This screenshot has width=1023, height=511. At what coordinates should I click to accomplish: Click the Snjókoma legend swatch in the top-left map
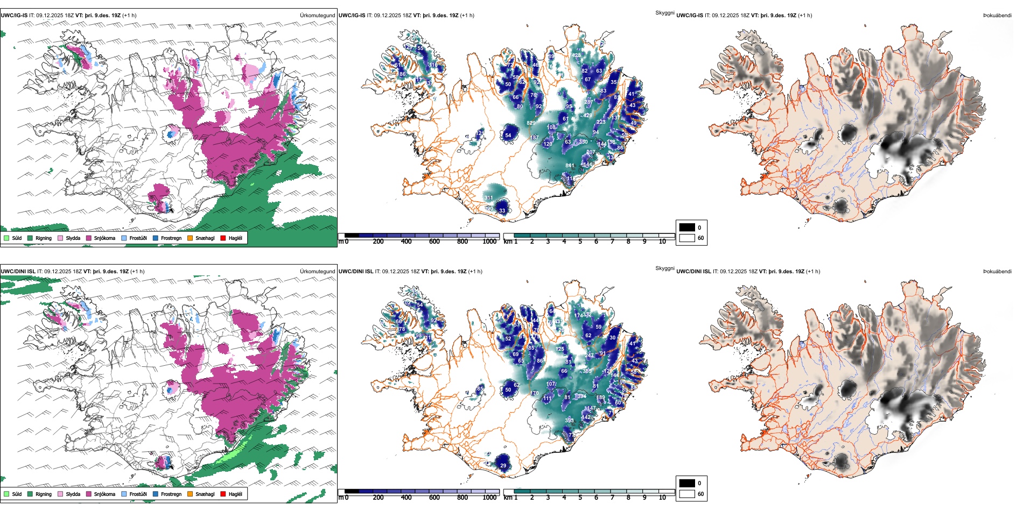point(89,238)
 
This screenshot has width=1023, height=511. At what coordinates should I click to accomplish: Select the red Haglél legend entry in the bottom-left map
point(223,494)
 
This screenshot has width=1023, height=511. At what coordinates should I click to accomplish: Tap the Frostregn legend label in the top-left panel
point(171,238)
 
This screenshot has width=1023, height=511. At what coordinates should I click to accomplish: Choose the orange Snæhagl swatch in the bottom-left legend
point(190,494)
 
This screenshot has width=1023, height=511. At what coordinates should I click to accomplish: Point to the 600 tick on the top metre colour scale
point(434,242)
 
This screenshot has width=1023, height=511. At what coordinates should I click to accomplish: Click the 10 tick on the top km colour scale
point(662,242)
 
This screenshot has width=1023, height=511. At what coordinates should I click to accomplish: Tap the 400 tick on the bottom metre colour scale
point(406,498)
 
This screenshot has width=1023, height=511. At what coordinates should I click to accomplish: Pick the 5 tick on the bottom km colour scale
point(580,498)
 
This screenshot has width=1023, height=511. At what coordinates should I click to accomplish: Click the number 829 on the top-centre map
point(531,123)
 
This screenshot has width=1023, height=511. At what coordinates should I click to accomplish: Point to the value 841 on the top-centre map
point(570,166)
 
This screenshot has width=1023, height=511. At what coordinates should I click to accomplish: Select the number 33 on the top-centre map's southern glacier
point(502,210)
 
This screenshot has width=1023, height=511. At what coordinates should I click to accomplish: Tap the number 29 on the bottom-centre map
point(503,466)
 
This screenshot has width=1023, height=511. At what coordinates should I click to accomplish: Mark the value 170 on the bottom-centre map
point(535,393)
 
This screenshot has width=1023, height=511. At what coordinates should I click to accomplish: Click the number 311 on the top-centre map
point(488,198)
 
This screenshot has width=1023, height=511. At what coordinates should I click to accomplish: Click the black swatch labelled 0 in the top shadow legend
point(687,228)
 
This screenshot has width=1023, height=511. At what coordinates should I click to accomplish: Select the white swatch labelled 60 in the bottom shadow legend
point(687,494)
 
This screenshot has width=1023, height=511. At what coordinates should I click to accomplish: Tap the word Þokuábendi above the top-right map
point(997,16)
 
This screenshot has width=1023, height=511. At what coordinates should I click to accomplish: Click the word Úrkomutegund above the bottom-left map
point(317,272)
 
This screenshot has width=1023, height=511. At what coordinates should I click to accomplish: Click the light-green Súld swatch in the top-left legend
point(6,238)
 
